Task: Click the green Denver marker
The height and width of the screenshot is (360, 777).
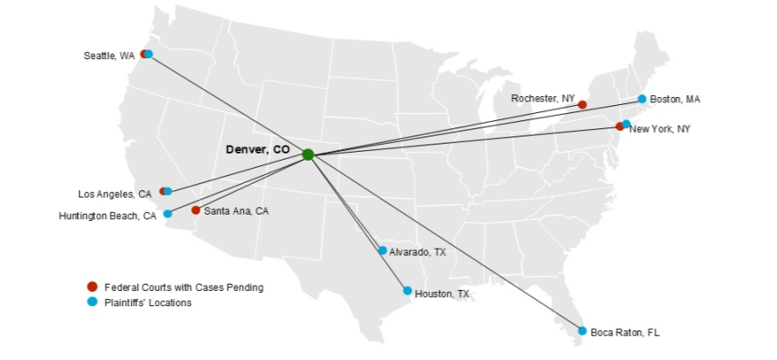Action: point(308,154)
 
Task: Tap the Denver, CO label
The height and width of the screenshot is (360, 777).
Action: point(258,149)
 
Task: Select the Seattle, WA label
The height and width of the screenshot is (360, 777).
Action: point(109,56)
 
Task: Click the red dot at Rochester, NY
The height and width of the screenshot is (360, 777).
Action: point(582,105)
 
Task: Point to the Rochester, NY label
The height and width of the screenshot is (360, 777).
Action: point(543,97)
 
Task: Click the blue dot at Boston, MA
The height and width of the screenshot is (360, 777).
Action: point(642,99)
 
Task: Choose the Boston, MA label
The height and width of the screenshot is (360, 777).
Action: point(676,99)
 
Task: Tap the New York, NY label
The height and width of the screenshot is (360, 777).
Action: point(659,129)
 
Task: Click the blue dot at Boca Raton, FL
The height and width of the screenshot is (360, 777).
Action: point(582,331)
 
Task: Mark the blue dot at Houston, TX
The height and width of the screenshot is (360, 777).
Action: point(407,291)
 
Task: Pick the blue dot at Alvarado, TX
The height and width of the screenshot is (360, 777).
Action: point(382,250)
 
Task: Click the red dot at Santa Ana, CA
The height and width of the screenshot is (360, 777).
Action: point(196,210)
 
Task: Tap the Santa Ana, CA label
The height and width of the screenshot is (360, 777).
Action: point(236,211)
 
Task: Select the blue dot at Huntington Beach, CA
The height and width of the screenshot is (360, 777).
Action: point(168,214)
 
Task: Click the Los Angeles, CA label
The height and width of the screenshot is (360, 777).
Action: point(115,194)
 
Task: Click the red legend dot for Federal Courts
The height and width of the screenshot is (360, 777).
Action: point(92,286)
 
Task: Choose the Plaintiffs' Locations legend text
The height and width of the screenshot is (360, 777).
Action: point(148,303)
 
